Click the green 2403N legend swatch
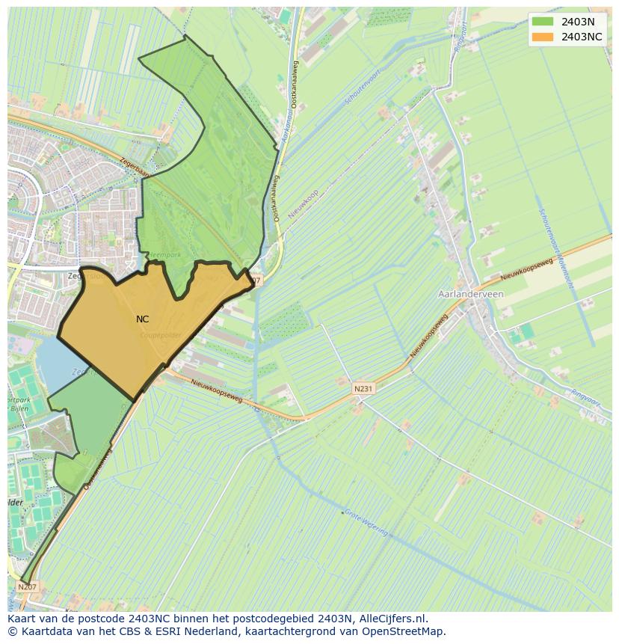coord(543,22)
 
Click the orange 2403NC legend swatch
coord(543,37)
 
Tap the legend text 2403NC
coord(582,37)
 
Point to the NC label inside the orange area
coord(142,319)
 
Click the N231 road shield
coord(363,389)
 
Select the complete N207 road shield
coord(27,587)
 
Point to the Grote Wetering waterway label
coord(366,521)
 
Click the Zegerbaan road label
coord(135,169)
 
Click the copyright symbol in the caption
coord(13,631)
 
